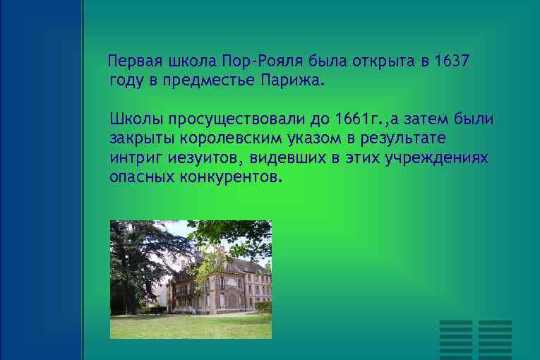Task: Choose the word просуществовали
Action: (239, 117)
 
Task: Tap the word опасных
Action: (142, 176)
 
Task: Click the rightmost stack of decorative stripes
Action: (495, 337)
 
